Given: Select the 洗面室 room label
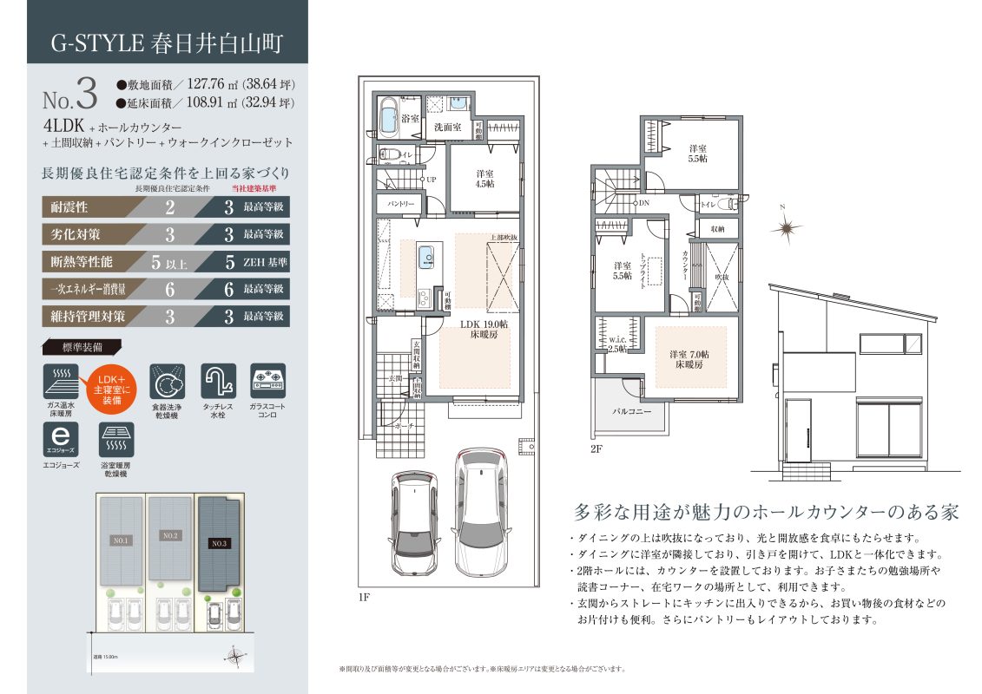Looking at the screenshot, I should pos(448,127).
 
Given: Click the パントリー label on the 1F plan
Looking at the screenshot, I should pos(399,204).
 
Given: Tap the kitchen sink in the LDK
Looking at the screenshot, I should pos(427,257).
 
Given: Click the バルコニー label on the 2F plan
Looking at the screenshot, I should pos(632,411).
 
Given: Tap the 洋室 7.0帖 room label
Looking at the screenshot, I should pos(689,359).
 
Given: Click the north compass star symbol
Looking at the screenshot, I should pos(788,228).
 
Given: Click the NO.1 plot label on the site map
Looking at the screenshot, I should pos(122,540).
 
